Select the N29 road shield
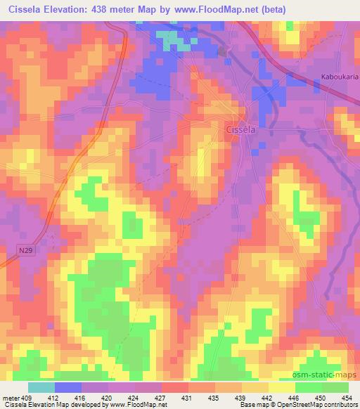tap(25, 249)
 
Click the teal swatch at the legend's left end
tap(41, 387)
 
